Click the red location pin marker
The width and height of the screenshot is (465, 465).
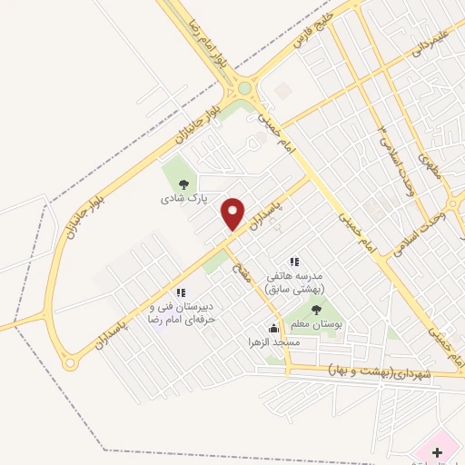[233, 213]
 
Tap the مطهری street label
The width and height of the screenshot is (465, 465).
[429, 169]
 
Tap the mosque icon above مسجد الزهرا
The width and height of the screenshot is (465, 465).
[273, 328]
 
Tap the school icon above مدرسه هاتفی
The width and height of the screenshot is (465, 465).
[293, 262]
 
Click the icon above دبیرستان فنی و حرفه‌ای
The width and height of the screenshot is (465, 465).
[180, 292]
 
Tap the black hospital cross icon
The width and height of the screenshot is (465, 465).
[437, 451]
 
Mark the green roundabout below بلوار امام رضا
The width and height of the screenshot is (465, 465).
[243, 89]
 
